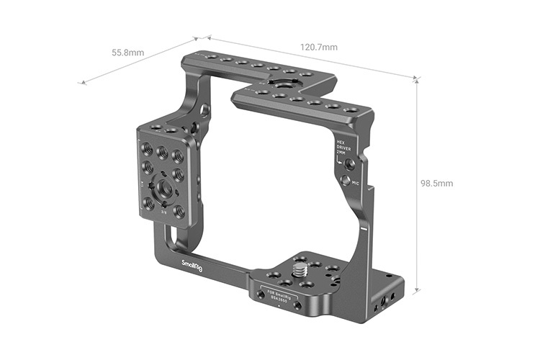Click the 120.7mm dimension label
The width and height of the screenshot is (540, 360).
tap(318, 47)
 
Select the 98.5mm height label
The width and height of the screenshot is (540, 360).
tap(436, 183)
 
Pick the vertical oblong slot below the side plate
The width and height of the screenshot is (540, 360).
tap(171, 238)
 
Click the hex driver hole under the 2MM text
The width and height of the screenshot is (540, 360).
tap(348, 163)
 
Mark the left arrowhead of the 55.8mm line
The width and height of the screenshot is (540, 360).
tap(82, 83)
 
